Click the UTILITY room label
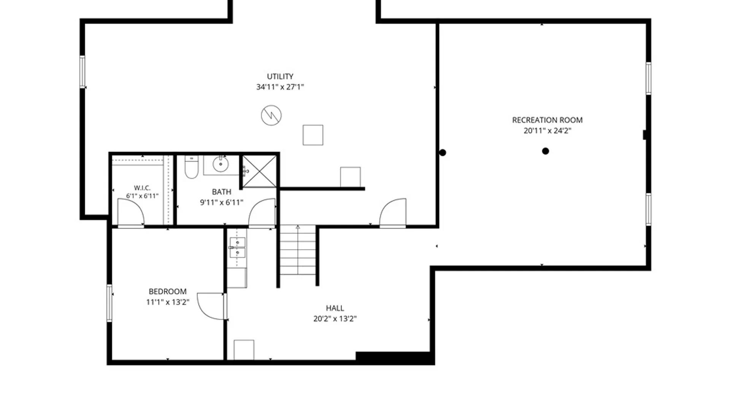point(280,76)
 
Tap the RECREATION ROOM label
point(547,120)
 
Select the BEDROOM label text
point(167,292)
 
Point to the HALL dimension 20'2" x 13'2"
point(335,319)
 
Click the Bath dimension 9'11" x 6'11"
point(221,202)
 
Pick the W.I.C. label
point(142,188)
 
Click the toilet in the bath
point(191,167)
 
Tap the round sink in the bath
point(221,164)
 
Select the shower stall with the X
point(259,171)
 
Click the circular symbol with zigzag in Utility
point(271,115)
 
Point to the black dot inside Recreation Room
point(545,151)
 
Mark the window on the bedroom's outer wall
point(109,303)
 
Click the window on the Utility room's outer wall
point(82,72)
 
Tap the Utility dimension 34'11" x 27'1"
point(280,87)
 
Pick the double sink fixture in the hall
point(237,248)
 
